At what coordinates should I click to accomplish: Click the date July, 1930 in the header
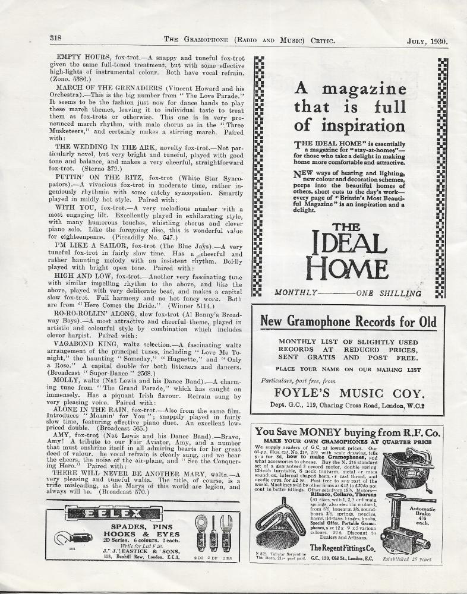[427, 41]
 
